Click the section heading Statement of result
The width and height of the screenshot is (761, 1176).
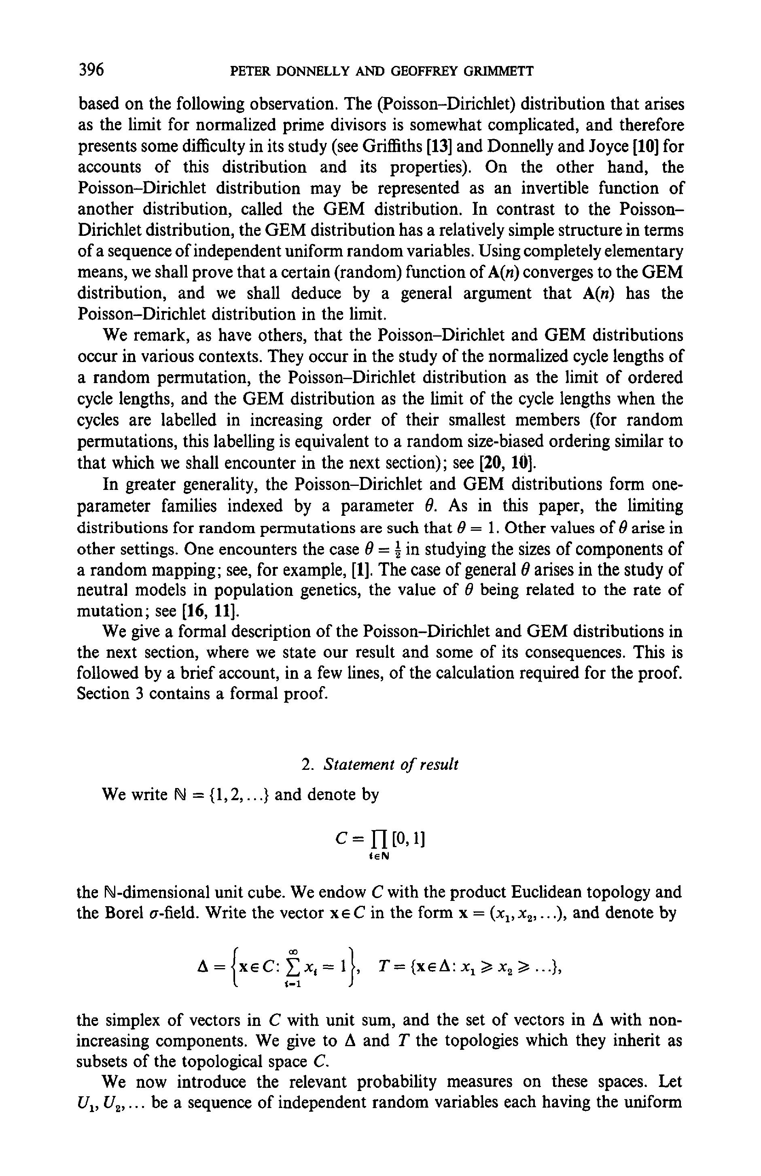coord(390,765)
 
